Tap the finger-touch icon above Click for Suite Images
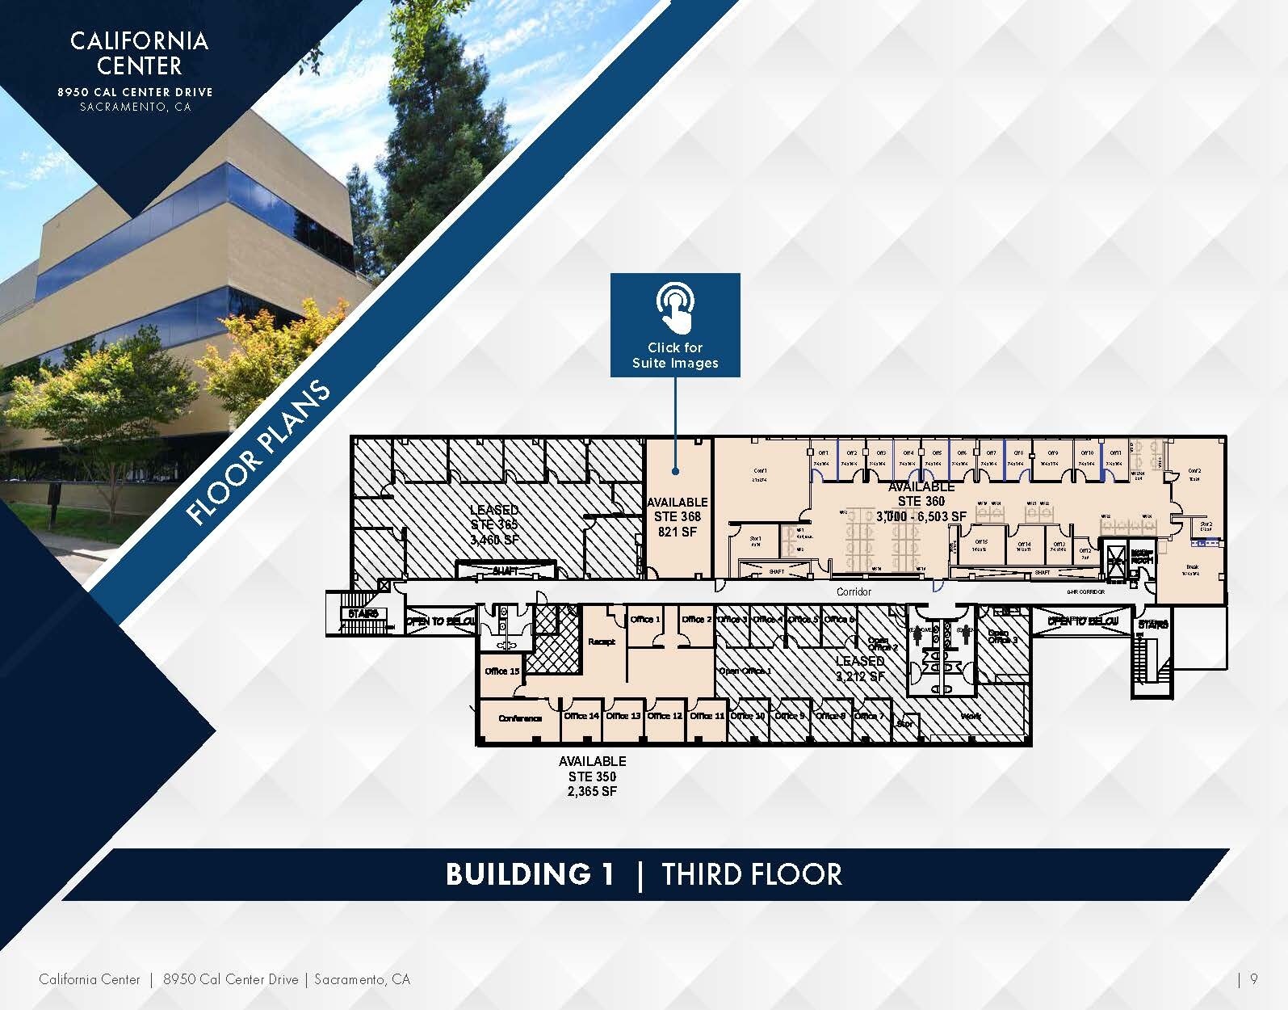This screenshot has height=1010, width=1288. coord(675,308)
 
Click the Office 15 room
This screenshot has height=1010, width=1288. coord(502,671)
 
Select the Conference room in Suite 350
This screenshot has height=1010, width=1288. coord(519,718)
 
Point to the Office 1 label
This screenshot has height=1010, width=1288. coord(645,620)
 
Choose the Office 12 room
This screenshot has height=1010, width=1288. coord(665,716)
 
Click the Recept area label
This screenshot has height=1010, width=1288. coord(602,642)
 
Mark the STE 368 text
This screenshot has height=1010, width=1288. coord(677,516)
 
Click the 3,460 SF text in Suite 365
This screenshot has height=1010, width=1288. coord(493,539)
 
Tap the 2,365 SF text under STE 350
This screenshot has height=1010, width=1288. coord(592,792)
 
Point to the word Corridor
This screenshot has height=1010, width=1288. coord(854,591)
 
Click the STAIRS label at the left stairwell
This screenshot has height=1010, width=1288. coord(363,614)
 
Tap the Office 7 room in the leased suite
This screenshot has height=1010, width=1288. coord(869,717)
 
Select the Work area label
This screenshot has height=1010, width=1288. coord(971,717)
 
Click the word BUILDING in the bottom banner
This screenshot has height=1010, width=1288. coord(530,874)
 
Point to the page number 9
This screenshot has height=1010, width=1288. coord(1253,979)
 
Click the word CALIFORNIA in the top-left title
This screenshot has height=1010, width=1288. coord(139,41)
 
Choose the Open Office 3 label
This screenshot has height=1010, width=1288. coord(1002,637)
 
